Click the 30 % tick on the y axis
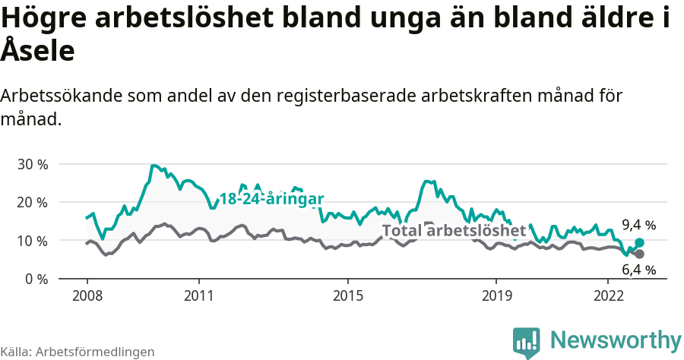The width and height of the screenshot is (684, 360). [x=33, y=165]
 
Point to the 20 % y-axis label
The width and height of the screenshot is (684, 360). [x=33, y=203]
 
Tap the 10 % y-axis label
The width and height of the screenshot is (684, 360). [x=33, y=241]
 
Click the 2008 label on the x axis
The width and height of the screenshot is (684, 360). [x=87, y=295]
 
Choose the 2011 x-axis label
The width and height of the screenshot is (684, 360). [x=198, y=295]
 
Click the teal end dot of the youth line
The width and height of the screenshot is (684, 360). [x=639, y=242]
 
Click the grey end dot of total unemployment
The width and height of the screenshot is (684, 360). [x=639, y=254]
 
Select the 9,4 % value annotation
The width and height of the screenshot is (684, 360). [x=638, y=225]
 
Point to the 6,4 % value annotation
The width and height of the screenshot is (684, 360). [x=638, y=270]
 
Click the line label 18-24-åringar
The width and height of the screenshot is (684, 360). [x=271, y=199]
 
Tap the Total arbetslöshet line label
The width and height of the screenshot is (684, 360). [x=454, y=230]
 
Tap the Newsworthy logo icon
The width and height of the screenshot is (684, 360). [x=527, y=343]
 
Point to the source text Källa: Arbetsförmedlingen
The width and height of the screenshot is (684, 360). [x=78, y=352]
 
